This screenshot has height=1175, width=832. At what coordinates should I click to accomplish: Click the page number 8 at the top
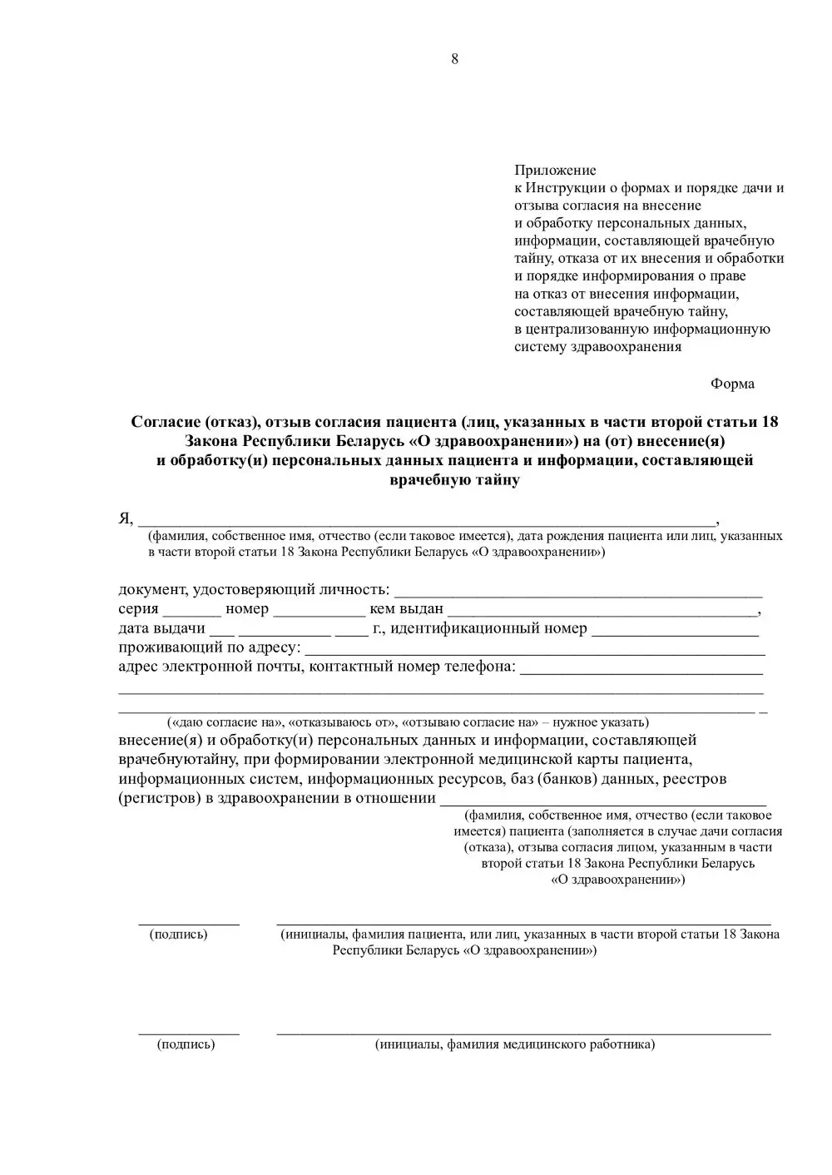click(454, 58)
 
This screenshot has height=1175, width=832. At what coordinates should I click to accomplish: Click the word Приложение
click(555, 171)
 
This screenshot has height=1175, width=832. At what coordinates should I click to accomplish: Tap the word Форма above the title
click(732, 384)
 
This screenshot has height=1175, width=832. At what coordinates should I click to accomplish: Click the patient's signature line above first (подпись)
click(189, 923)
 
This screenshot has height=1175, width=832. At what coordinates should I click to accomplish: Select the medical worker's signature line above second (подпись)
click(189, 1033)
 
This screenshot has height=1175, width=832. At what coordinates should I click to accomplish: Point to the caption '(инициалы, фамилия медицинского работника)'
click(515, 1044)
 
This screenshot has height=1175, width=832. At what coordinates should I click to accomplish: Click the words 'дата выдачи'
click(161, 628)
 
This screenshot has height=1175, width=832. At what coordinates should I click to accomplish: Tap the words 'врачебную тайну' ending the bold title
click(454, 480)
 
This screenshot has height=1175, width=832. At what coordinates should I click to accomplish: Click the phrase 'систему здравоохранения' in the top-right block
click(597, 347)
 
